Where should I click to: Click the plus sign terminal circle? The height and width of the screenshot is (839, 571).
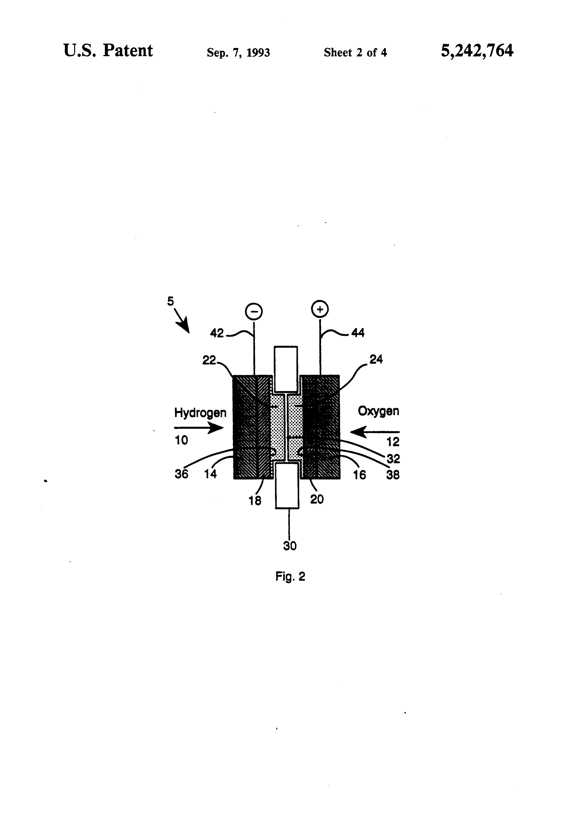click(x=320, y=309)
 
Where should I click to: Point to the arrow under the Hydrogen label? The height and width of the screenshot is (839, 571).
click(x=199, y=428)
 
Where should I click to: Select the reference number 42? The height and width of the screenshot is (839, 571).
click(x=217, y=333)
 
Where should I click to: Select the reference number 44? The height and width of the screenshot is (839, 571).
click(x=358, y=333)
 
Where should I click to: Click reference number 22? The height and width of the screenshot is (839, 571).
click(x=209, y=360)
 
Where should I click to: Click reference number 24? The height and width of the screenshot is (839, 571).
click(x=376, y=359)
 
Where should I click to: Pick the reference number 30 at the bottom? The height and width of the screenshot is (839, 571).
click(x=290, y=546)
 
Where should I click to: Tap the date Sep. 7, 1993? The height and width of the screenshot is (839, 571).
click(x=238, y=53)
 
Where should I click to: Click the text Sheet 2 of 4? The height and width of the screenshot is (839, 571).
click(x=355, y=53)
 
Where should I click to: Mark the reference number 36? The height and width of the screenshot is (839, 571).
click(x=182, y=474)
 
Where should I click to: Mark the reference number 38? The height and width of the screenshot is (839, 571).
click(x=393, y=475)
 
